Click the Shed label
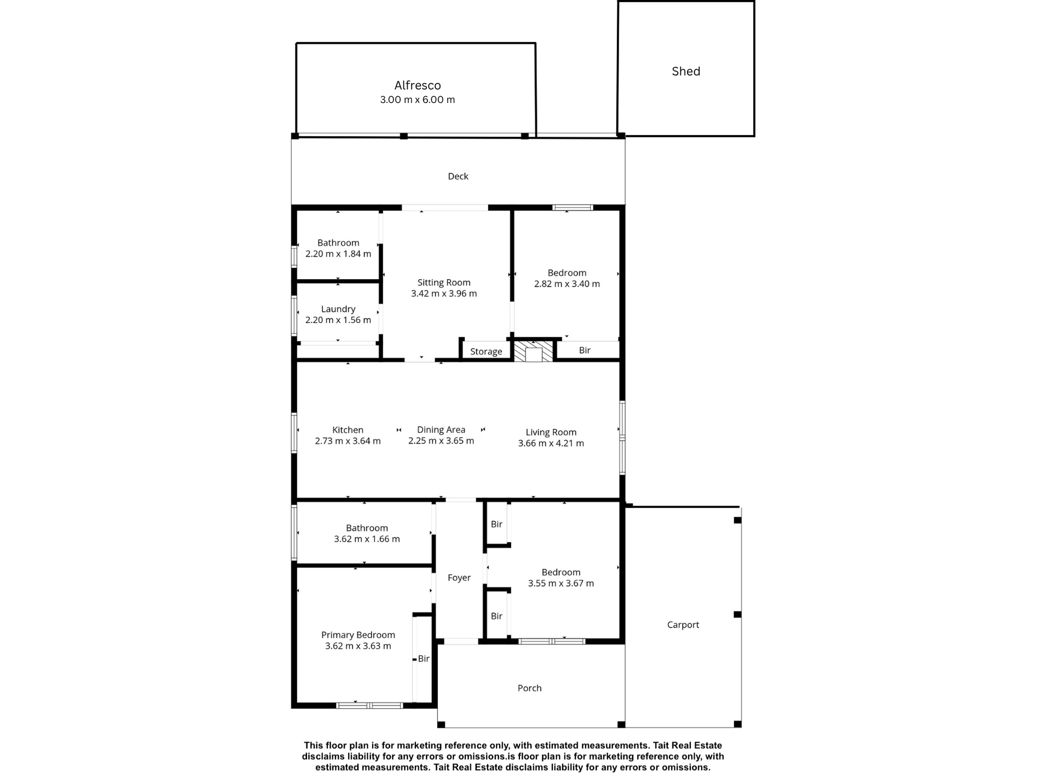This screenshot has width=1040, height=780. (x=686, y=71)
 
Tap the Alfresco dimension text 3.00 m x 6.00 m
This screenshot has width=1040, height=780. (x=418, y=100)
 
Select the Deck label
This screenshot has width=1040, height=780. (x=458, y=176)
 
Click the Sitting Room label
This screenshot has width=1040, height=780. (x=444, y=282)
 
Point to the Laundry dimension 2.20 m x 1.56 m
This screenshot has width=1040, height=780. (x=338, y=320)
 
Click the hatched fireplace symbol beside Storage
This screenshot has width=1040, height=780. (x=533, y=351)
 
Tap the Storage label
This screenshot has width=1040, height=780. (x=486, y=351)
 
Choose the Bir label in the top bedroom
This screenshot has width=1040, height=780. (x=585, y=350)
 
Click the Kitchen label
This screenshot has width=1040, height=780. (x=348, y=430)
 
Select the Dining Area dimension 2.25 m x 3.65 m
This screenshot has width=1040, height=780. (x=441, y=441)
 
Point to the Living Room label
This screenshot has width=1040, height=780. (x=551, y=432)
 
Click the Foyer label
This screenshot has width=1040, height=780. (x=459, y=577)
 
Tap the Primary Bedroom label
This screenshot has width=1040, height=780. (x=358, y=635)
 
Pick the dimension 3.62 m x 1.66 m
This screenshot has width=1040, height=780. (x=367, y=539)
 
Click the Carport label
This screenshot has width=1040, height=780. (x=683, y=625)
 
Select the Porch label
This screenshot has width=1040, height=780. (x=529, y=688)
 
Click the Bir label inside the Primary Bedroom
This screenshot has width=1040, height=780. (x=424, y=659)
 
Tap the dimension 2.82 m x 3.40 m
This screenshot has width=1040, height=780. (x=567, y=284)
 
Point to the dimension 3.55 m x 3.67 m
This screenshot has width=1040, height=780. (x=561, y=583)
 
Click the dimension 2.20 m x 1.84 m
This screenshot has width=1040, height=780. (x=338, y=254)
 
